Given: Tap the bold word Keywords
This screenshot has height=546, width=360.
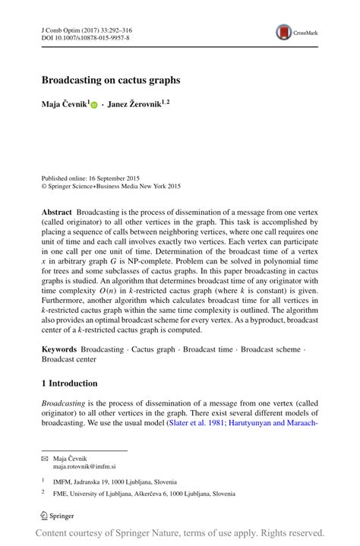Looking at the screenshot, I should [60, 349].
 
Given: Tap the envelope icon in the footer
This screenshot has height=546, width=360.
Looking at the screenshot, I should [44, 459].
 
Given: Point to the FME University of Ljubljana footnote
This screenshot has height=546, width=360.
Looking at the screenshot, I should [144, 494].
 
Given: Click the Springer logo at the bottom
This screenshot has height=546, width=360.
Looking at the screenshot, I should [58, 516].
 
